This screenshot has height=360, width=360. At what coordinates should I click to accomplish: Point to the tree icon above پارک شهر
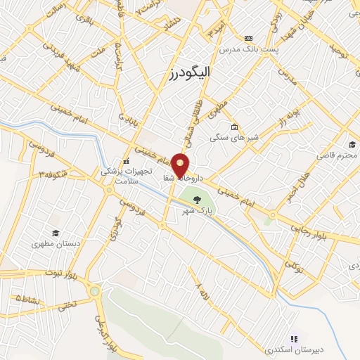pos(206,199)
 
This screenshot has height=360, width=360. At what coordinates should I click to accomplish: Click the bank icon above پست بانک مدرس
pos(247,38)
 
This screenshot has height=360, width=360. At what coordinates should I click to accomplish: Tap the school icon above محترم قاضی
pos(352,143)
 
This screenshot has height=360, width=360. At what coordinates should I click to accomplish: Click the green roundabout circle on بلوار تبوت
pos(94,290)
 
